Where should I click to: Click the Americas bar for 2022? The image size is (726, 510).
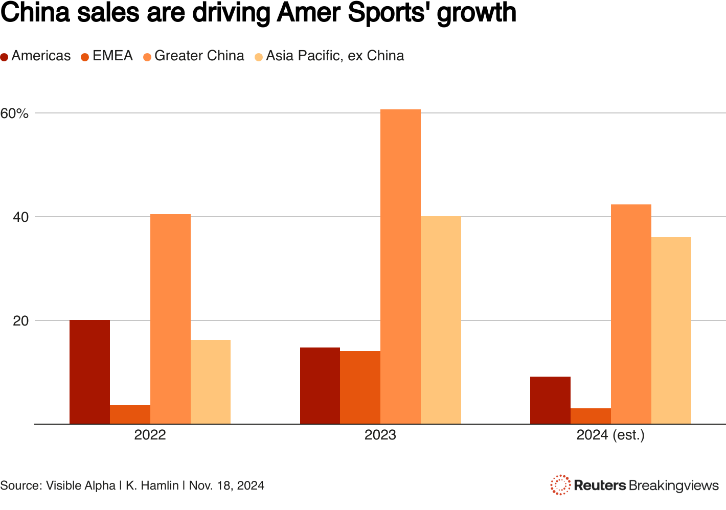(x=89, y=372)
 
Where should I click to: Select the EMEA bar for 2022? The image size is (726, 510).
(x=130, y=414)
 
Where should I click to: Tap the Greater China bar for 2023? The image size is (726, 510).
(x=400, y=266)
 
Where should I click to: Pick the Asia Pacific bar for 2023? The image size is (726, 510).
(x=441, y=320)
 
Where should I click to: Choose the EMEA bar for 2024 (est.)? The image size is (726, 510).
(x=591, y=416)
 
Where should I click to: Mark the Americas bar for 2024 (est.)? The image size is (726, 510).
(x=550, y=400)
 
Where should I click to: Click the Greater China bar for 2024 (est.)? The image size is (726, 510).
(x=631, y=314)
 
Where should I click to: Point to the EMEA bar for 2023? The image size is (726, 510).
(x=360, y=387)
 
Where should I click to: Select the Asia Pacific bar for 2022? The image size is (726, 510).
(x=211, y=382)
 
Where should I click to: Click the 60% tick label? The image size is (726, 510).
(x=14, y=113)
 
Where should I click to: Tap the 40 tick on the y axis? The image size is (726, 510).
(x=20, y=217)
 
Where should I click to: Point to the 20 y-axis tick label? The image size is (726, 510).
(x=20, y=321)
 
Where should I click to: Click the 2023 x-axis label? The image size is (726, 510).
(x=380, y=436)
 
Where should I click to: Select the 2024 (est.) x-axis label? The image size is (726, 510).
(x=610, y=436)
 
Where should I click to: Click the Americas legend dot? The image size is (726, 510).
(x=5, y=57)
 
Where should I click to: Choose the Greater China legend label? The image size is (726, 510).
(x=199, y=56)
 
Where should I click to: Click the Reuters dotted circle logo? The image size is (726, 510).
(x=560, y=485)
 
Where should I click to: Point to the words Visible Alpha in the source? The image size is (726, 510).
(x=81, y=485)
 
